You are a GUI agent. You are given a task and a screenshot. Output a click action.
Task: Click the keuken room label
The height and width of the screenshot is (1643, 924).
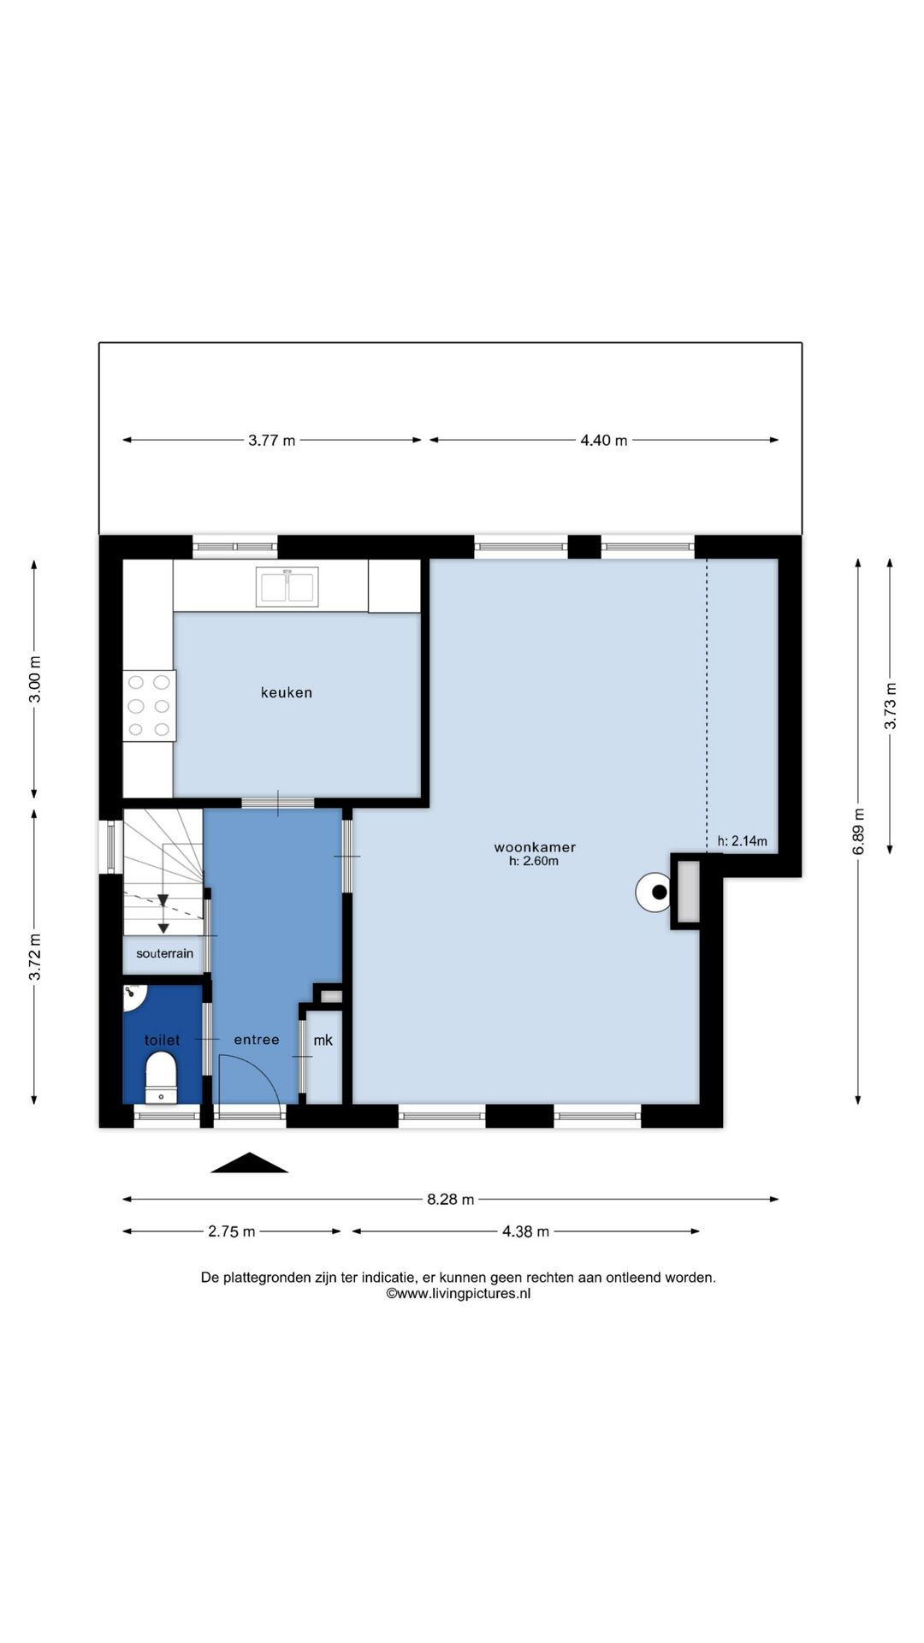(x=287, y=692)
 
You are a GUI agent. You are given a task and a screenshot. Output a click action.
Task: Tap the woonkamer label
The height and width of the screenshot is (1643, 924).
(x=535, y=847)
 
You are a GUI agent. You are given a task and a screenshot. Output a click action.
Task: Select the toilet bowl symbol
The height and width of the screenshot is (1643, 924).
(x=161, y=1077)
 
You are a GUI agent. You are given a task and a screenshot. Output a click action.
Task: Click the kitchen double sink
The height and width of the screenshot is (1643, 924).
(x=287, y=586)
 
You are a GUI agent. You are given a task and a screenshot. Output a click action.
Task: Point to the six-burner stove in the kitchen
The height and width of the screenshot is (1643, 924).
(x=149, y=706)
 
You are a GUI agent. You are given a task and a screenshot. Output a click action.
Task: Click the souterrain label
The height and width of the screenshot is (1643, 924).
(x=164, y=953)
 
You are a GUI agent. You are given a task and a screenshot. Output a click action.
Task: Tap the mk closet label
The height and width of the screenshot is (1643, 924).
(x=323, y=1041)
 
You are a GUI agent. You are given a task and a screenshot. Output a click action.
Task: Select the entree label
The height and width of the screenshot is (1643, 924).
(x=257, y=1040)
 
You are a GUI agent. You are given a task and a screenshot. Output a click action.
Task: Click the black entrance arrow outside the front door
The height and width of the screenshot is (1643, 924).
(x=249, y=1163)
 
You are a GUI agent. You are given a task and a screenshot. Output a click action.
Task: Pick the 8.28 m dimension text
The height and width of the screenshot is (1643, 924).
(x=450, y=1200)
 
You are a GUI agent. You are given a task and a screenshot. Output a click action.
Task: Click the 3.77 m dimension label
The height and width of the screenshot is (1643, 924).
(x=272, y=441)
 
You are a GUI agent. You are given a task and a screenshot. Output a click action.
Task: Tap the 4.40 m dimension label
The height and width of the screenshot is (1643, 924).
(x=604, y=441)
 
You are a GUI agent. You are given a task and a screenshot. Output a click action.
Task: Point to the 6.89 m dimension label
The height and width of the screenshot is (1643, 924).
(x=859, y=831)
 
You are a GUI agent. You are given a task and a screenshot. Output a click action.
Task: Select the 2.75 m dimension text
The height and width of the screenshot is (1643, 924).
(x=232, y=1232)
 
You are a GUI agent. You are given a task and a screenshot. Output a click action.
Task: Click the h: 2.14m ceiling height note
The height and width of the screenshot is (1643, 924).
(x=742, y=841)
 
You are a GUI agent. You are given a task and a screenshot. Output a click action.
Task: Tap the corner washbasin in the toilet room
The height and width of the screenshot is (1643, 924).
(x=134, y=994)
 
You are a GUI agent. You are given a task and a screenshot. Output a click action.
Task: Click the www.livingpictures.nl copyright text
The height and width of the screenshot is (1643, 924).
(x=458, y=1294)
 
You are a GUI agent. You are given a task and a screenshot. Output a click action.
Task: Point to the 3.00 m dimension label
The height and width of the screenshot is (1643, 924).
(x=35, y=679)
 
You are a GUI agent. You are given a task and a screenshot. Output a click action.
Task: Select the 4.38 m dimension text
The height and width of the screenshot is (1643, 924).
(x=525, y=1232)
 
